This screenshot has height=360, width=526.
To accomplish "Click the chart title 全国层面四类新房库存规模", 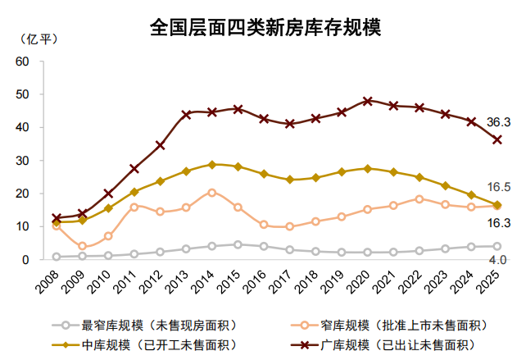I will [x=265, y=28].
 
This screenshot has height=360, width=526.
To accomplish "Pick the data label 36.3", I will [x=498, y=122].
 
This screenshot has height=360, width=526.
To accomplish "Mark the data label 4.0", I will [x=498, y=260].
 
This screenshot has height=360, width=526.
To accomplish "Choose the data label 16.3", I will [x=498, y=223].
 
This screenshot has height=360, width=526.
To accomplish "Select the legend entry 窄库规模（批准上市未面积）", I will [x=393, y=325].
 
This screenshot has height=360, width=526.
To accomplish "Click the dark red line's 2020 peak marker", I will [x=368, y=101].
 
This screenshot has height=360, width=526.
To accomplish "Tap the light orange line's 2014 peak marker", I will [x=212, y=193].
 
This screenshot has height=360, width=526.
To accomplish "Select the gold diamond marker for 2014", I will [x=212, y=165].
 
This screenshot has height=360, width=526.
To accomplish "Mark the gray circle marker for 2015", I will [x=238, y=244].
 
